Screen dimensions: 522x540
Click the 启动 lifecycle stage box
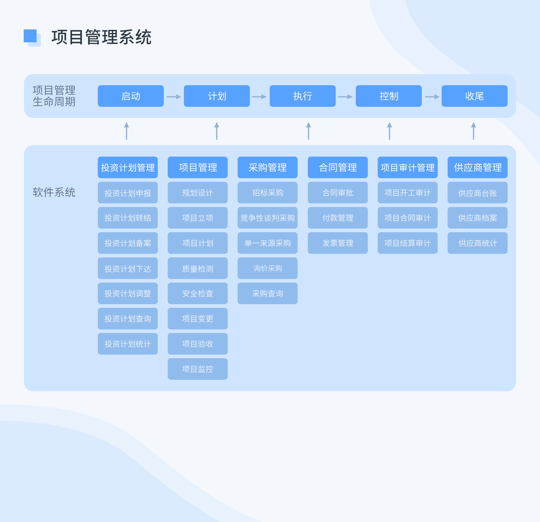pyautogui.click(x=130, y=96)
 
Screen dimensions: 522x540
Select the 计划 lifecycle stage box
pyautogui.click(x=217, y=96)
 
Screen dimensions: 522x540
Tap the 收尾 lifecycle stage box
pyautogui.click(x=474, y=96)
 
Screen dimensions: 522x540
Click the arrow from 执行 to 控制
pyautogui.click(x=345, y=97)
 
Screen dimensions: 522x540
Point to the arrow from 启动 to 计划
pyautogui.click(x=174, y=97)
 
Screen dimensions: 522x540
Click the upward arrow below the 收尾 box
pyautogui.click(x=473, y=131)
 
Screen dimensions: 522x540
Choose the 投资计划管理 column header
pyautogui.click(x=128, y=167)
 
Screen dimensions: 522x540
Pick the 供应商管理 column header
pyautogui.click(x=477, y=167)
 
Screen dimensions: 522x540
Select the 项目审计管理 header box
pyautogui.click(x=407, y=167)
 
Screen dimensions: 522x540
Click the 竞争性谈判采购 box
pyautogui.click(x=267, y=218)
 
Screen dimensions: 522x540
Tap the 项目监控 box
pyautogui.click(x=197, y=369)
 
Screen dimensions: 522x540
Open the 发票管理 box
pyautogui.click(x=337, y=243)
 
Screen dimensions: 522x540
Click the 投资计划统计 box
pyautogui.click(x=128, y=344)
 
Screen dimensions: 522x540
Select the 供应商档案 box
pyautogui.click(x=477, y=218)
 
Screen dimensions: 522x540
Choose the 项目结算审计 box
pyautogui.click(x=407, y=243)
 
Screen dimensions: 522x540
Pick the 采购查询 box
pyautogui.click(x=267, y=293)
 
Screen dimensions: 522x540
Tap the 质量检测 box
pyautogui.click(x=197, y=268)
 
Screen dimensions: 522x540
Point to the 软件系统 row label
pyautogui.click(x=54, y=192)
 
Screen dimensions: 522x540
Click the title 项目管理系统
pyautogui.click(x=101, y=37)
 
